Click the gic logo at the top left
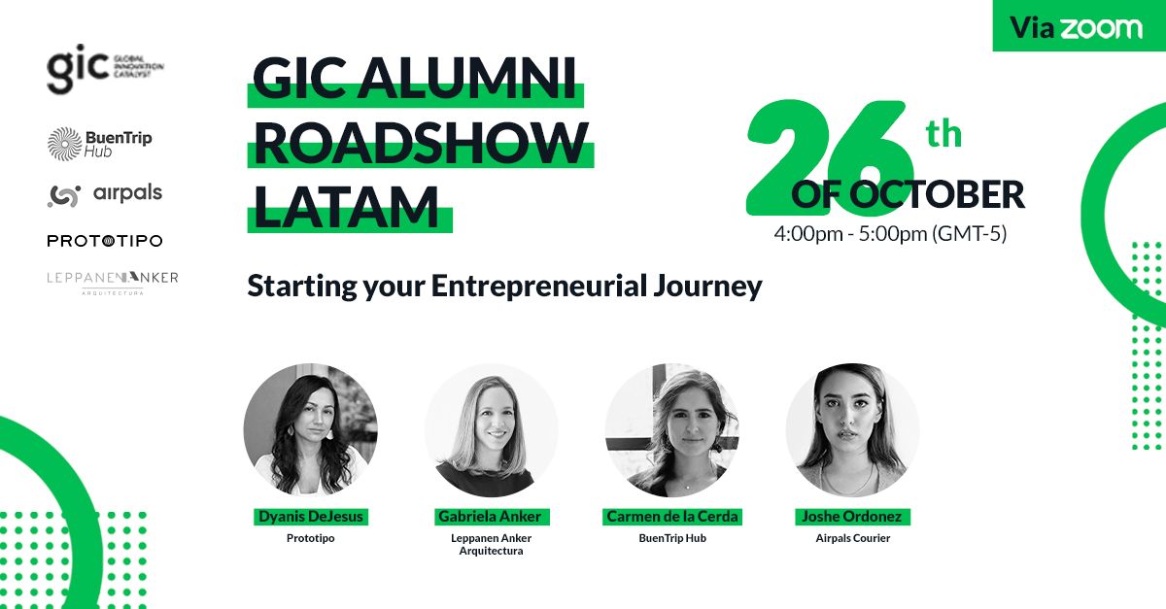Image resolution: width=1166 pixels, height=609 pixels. pyautogui.click(x=105, y=69)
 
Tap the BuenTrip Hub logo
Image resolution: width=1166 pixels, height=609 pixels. pyautogui.click(x=100, y=144)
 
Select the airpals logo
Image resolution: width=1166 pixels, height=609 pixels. pyautogui.click(x=105, y=195)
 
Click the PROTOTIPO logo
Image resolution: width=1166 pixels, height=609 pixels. pyautogui.click(x=105, y=241)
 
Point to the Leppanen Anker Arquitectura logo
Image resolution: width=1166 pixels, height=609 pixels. pyautogui.click(x=113, y=283)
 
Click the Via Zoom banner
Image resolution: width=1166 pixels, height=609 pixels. pyautogui.click(x=1080, y=26)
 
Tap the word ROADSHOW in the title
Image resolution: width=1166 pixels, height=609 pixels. pyautogui.click(x=421, y=143)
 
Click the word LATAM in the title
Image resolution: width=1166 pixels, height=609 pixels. pyautogui.click(x=346, y=207)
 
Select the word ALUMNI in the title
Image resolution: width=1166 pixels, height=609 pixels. pyautogui.click(x=467, y=79)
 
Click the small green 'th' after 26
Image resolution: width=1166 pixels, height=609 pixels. pyautogui.click(x=943, y=134)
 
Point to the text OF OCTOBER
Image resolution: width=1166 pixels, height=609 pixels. pyautogui.click(x=908, y=194)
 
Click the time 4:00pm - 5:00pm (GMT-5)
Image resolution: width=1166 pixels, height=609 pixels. pyautogui.click(x=890, y=233)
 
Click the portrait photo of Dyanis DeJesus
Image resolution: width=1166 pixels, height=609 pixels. pyautogui.click(x=311, y=430)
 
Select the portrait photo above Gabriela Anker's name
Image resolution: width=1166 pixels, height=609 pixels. pyautogui.click(x=492, y=430)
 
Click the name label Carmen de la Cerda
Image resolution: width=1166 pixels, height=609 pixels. pyautogui.click(x=672, y=517)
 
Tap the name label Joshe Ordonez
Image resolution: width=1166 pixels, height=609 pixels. pyautogui.click(x=852, y=517)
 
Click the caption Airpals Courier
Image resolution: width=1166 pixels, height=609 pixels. pyautogui.click(x=853, y=538)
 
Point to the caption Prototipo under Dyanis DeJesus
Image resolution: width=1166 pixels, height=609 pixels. pyautogui.click(x=311, y=538)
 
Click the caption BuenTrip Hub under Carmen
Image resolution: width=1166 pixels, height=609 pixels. pyautogui.click(x=672, y=538)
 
